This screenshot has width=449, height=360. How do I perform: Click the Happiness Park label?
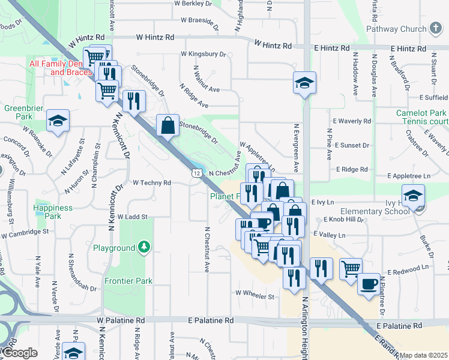tap(53, 212)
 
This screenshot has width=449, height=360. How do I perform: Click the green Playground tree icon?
tap(143, 247)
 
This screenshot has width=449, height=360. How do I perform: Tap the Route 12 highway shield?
tap(196, 173)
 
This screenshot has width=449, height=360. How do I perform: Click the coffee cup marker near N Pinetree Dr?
tap(369, 283)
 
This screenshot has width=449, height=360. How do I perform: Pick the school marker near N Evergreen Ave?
tap(304, 83)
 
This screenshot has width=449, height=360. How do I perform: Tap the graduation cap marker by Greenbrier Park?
tap(58, 121)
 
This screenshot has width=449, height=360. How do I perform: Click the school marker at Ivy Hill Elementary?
tap(413, 196)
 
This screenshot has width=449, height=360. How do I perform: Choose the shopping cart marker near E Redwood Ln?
tap(351, 268)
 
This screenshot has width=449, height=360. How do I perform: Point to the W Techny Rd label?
tap(152, 182)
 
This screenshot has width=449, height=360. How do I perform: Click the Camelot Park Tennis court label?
tap(421, 118)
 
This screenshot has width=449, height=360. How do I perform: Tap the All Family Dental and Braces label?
tap(61, 68)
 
